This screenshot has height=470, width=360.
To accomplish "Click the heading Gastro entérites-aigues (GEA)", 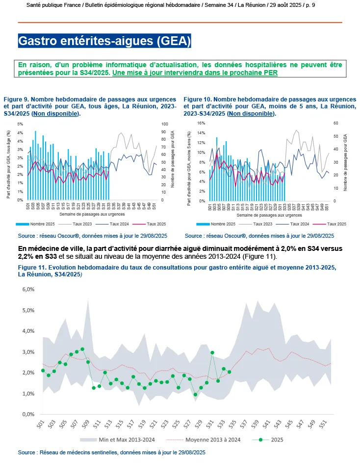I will click(104, 40).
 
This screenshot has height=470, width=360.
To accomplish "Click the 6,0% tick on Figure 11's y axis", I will click(27, 290).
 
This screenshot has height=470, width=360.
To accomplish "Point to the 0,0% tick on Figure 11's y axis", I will click(27, 414).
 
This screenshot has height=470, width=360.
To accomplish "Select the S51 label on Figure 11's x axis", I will click(323, 425).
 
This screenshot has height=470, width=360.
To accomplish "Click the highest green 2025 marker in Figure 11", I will click(82, 349).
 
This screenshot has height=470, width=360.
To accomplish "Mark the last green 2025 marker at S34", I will click(229, 372).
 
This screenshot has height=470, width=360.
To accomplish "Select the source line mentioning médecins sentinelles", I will click(111, 452).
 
